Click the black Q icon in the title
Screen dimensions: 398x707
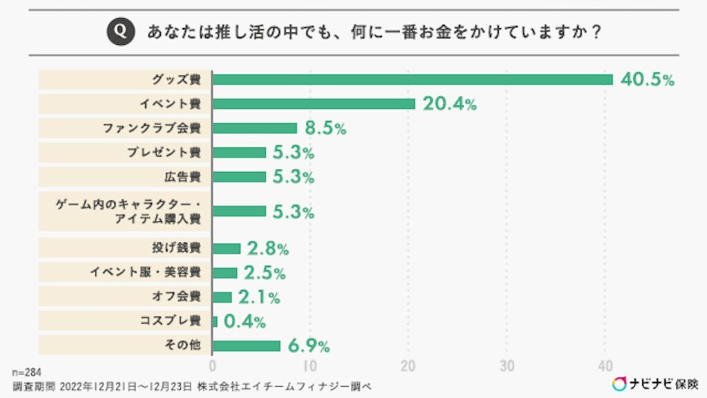point(119,32)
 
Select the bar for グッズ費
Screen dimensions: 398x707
point(412,79)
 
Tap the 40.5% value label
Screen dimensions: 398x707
point(646,79)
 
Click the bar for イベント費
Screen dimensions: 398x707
point(313,104)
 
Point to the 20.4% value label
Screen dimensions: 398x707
point(449,104)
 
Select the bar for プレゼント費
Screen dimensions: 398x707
point(239,152)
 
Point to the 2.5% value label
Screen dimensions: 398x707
point(264,273)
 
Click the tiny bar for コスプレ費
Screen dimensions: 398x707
point(215,321)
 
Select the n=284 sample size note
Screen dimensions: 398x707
point(28,372)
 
